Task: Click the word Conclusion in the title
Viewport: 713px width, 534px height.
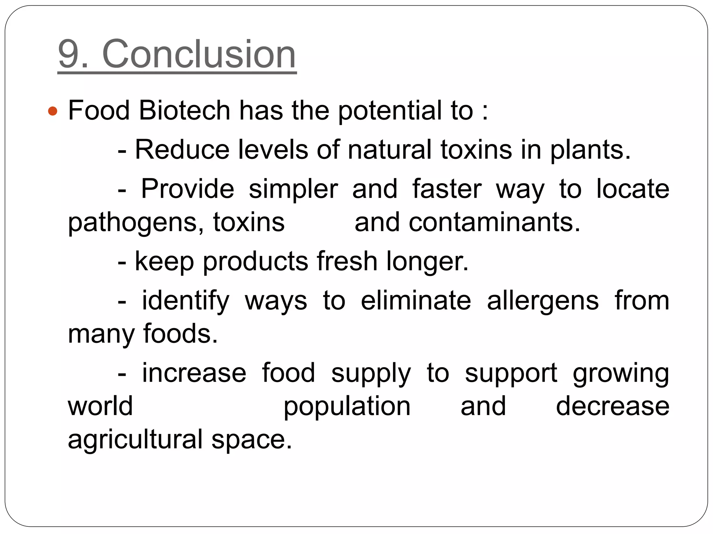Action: click(x=199, y=55)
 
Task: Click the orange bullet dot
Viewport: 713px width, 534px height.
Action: click(x=53, y=111)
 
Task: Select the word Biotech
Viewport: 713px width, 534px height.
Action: click(x=184, y=111)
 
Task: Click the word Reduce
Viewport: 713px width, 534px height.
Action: click(x=182, y=150)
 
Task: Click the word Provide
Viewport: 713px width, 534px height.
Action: click(x=187, y=189)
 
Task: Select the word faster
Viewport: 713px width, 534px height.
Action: click(x=447, y=189)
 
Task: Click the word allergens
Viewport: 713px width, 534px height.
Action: click(x=543, y=301)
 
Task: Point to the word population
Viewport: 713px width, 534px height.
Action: click(x=347, y=407)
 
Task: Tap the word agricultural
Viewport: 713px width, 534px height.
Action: click(x=135, y=440)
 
